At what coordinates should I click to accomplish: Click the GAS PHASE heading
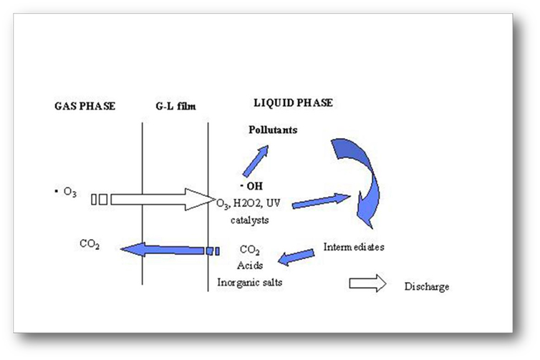85,106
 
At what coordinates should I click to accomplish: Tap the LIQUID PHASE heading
293,103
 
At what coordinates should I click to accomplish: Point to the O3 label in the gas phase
69,193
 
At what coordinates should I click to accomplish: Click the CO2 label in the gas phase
90,245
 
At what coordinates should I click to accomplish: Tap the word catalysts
250,220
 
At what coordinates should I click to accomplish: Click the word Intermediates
354,248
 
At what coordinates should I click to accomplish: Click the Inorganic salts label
250,282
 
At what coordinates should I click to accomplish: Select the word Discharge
427,287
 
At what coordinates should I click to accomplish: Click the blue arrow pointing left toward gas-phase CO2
165,250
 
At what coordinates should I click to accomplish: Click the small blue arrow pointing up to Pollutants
255,160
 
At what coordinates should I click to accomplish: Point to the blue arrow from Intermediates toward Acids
295,256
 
